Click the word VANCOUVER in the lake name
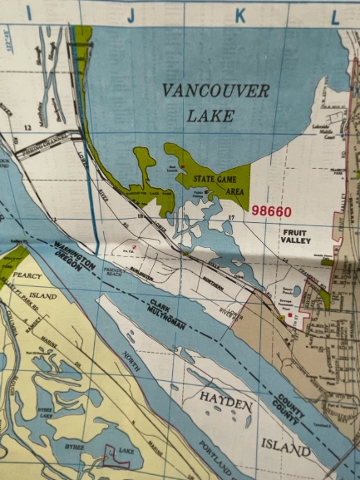coord(216,91)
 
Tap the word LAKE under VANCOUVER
coord(210,116)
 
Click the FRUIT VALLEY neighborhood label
coord(295,234)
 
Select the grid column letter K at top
coord(240,14)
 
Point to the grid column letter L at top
coord(336,14)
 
